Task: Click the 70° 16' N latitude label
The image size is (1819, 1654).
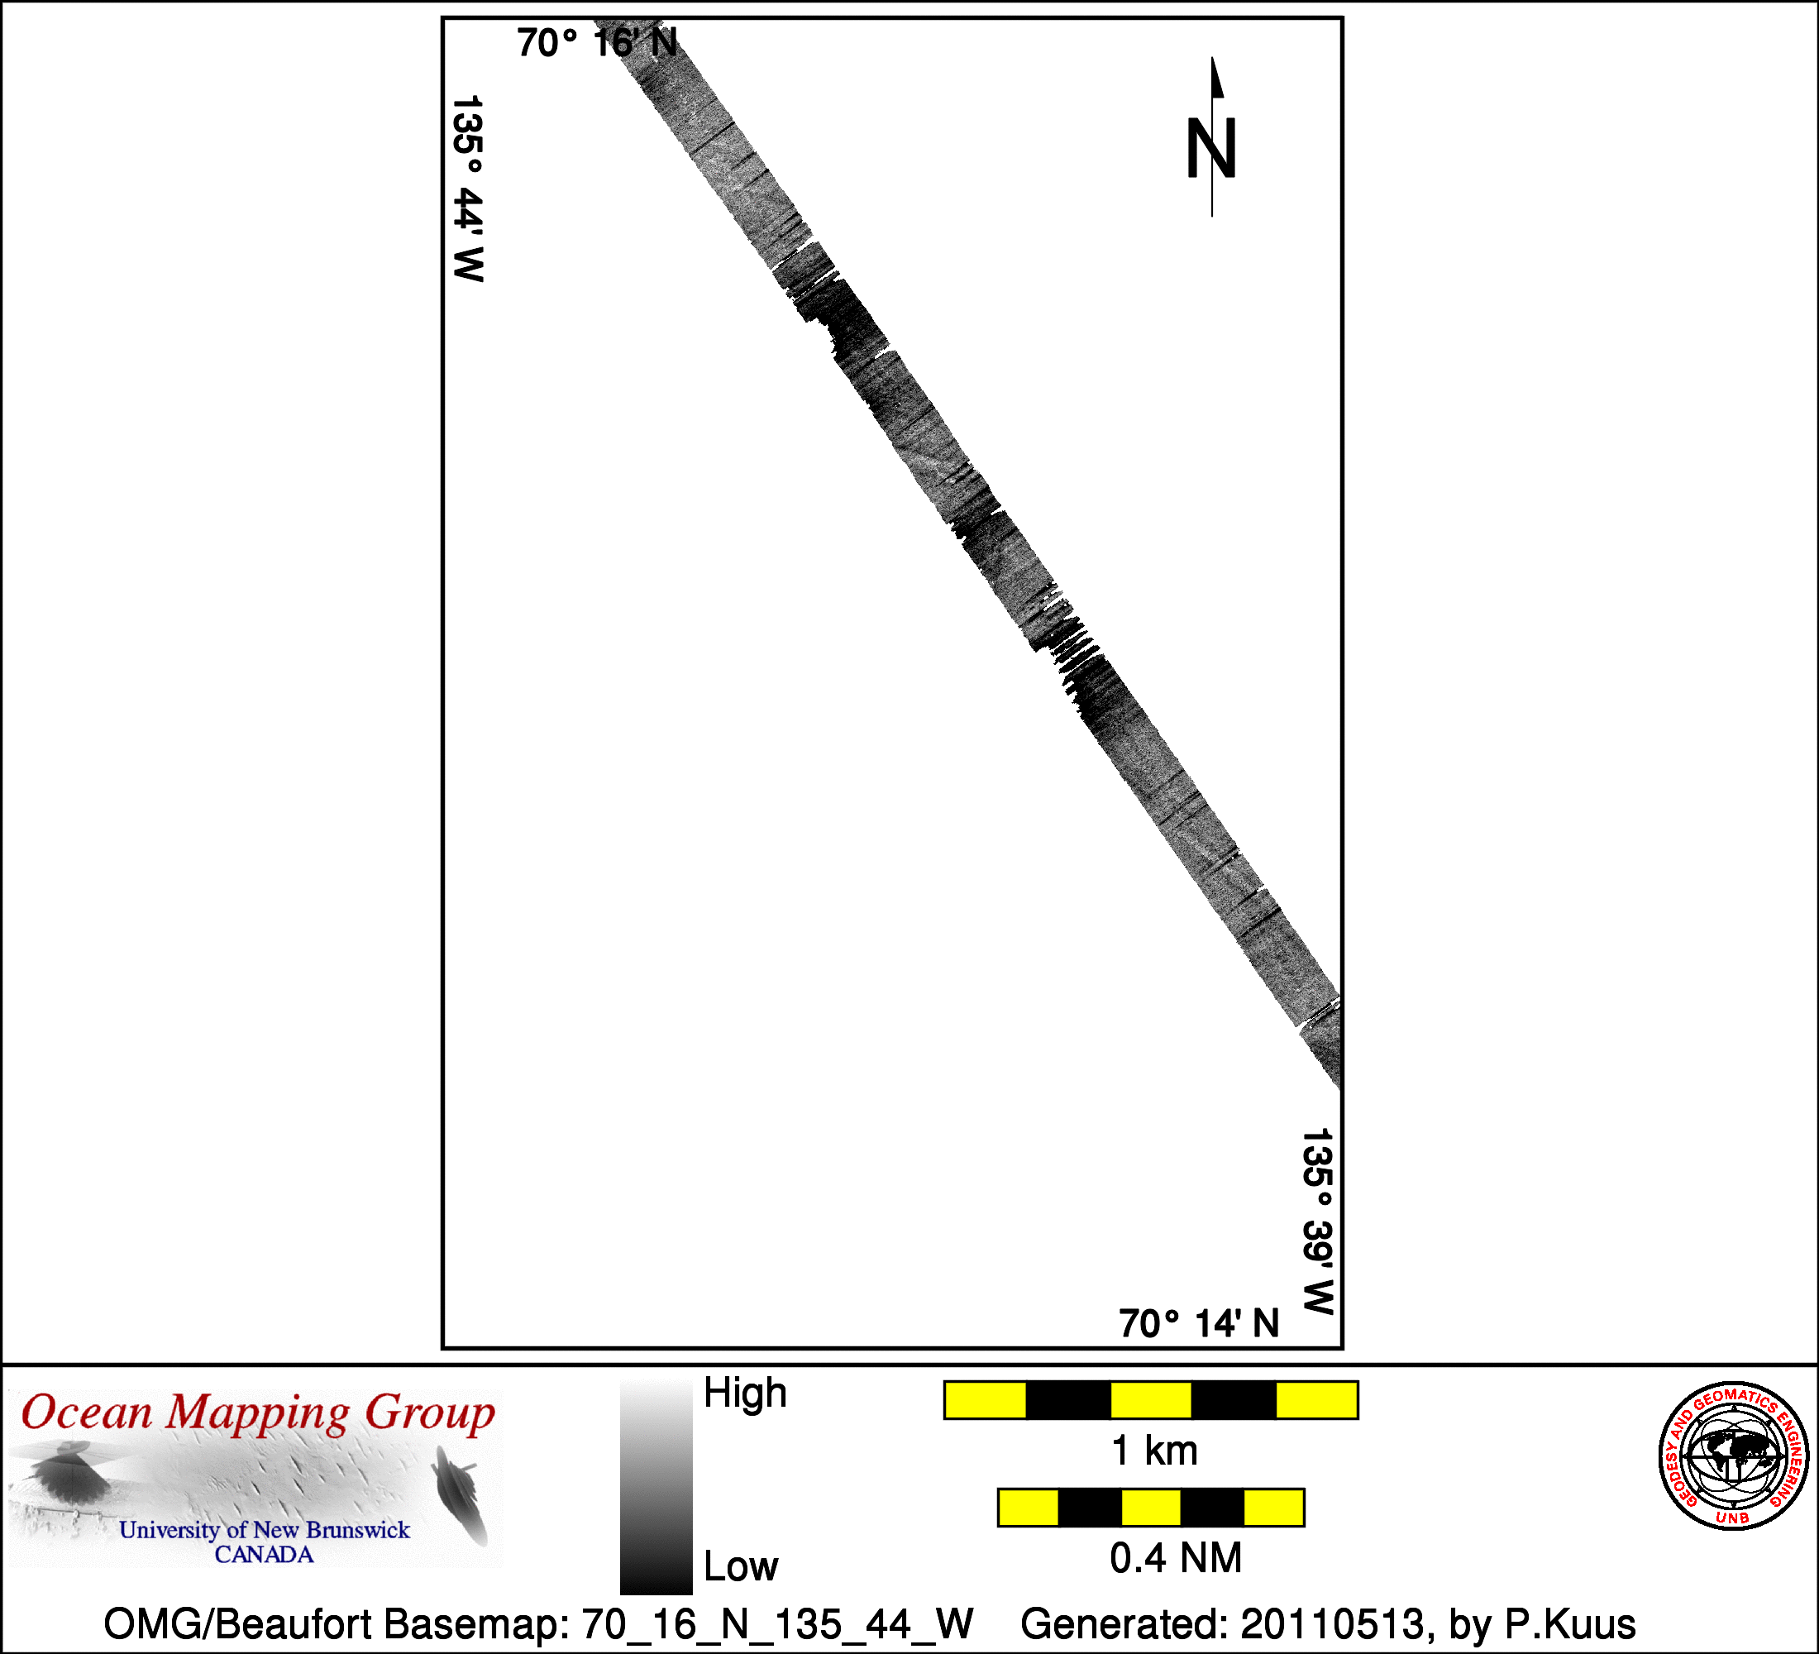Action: [597, 42]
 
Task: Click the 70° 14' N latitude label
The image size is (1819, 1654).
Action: [1199, 1324]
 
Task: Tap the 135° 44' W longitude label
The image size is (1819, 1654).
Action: [467, 189]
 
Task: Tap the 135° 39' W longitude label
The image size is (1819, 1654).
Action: [1317, 1221]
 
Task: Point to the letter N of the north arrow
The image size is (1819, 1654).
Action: [1210, 149]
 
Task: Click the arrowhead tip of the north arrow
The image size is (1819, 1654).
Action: [1213, 57]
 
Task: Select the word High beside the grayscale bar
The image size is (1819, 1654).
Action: [745, 1393]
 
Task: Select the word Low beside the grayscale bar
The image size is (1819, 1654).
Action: [741, 1566]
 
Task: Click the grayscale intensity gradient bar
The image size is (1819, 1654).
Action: [656, 1486]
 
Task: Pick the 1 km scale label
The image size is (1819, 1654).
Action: [1155, 1451]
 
